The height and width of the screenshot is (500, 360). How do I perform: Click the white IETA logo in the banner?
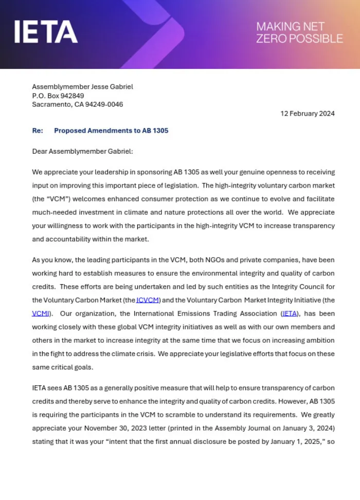46,32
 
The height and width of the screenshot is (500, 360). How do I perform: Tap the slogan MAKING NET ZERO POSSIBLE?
299,32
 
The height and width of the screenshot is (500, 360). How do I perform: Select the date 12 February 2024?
307,113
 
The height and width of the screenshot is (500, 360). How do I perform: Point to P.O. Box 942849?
58,96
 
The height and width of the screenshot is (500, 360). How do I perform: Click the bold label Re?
38,131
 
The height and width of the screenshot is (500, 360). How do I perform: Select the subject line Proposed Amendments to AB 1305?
111,131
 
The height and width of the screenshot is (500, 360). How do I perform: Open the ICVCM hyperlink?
149,300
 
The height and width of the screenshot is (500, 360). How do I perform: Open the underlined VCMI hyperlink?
42,313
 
